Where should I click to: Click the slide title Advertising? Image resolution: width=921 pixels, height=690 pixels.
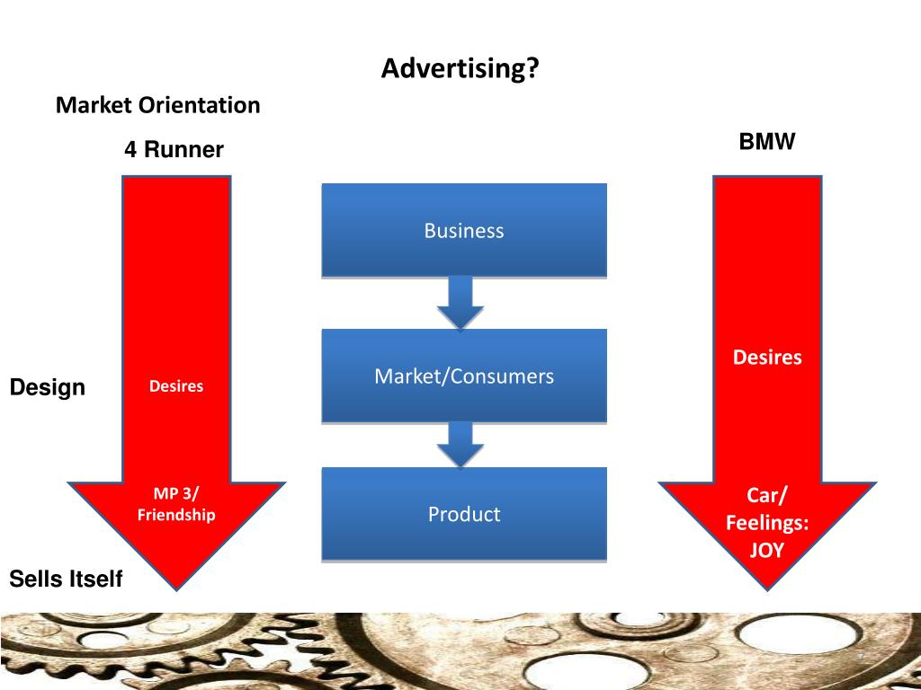460,68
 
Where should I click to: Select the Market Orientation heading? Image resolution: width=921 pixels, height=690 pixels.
157,105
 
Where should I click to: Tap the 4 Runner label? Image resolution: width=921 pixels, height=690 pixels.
174,150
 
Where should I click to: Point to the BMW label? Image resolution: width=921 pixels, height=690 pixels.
767,142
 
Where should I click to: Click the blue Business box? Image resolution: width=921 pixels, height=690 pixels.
464,230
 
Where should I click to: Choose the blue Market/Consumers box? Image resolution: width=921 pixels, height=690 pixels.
464,376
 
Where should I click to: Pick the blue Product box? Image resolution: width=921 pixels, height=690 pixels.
464,514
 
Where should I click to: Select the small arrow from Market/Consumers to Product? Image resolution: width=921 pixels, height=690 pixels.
460,444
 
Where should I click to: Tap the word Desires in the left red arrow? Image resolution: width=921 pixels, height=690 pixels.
176,386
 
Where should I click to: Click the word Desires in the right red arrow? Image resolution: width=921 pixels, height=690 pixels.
767,358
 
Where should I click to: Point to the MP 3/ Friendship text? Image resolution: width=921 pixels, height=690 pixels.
176,504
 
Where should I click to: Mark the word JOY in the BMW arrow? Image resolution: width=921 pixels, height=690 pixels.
767,549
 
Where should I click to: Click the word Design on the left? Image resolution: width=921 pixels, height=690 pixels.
48,387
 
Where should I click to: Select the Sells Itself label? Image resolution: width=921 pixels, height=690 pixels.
66,579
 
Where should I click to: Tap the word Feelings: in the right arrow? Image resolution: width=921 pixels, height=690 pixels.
767,522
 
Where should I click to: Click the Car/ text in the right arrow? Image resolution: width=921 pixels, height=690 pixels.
767,496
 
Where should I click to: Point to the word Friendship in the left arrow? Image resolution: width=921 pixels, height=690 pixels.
176,515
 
